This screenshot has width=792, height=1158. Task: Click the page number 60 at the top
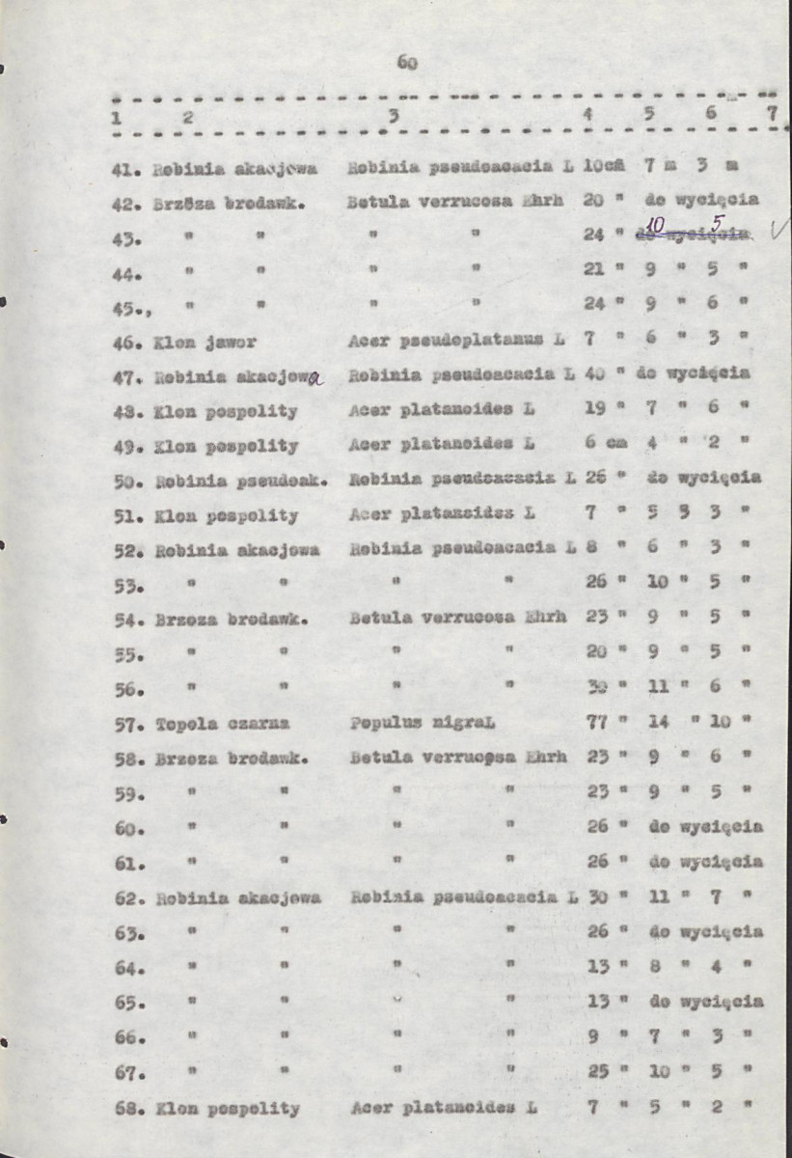coord(405,65)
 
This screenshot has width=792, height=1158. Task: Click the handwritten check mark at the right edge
coord(778,230)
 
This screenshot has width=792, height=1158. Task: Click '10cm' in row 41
coord(605,165)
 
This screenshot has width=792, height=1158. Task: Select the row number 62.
coord(127,896)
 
